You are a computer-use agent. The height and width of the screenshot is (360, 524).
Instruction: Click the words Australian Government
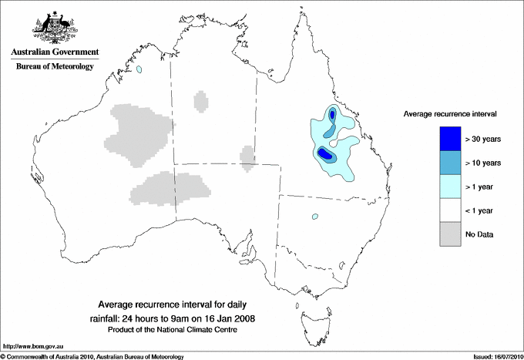click(x=54, y=52)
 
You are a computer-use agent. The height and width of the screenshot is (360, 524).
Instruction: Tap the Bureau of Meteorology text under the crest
click(x=54, y=67)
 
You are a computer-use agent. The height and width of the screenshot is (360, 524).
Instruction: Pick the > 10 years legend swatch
click(x=451, y=163)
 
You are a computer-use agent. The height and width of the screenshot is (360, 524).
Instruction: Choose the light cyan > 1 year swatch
click(x=451, y=187)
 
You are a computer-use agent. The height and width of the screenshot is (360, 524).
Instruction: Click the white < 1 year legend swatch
click(x=451, y=210)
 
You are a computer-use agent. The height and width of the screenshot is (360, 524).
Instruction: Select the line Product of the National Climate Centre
click(x=177, y=329)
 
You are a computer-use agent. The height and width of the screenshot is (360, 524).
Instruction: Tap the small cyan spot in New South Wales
click(x=315, y=217)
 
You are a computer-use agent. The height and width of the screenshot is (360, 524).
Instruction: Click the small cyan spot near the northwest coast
click(x=139, y=70)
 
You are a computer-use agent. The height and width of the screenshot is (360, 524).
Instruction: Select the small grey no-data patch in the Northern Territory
click(x=201, y=101)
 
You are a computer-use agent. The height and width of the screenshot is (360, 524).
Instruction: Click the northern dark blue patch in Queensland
click(x=332, y=116)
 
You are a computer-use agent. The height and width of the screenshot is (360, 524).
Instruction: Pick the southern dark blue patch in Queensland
click(x=325, y=154)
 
